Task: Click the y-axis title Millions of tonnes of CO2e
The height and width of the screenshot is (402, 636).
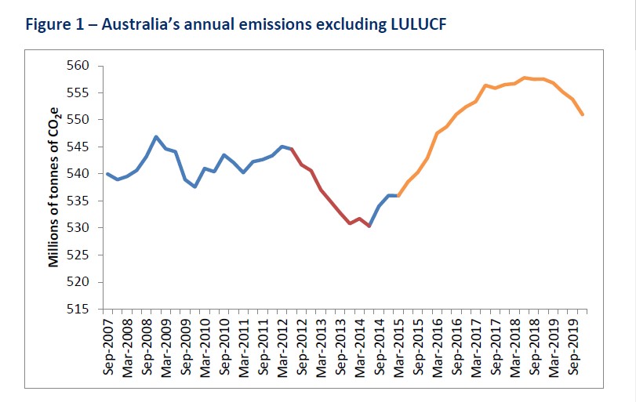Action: tap(54, 187)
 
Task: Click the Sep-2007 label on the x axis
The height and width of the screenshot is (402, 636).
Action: tap(107, 346)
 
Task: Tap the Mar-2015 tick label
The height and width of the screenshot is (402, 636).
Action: tap(399, 346)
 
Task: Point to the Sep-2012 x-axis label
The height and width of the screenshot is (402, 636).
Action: tap(302, 346)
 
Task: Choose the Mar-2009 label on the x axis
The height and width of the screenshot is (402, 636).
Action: tap(165, 346)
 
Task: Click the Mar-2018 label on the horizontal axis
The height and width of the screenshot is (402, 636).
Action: tap(516, 346)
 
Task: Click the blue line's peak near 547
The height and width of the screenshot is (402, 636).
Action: tap(156, 136)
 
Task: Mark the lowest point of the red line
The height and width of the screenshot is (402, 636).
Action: tap(369, 226)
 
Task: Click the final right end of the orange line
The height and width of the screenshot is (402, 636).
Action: tap(583, 114)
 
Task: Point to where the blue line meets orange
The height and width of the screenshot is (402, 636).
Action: tap(398, 195)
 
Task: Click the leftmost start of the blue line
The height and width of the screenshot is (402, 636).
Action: tap(107, 174)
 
